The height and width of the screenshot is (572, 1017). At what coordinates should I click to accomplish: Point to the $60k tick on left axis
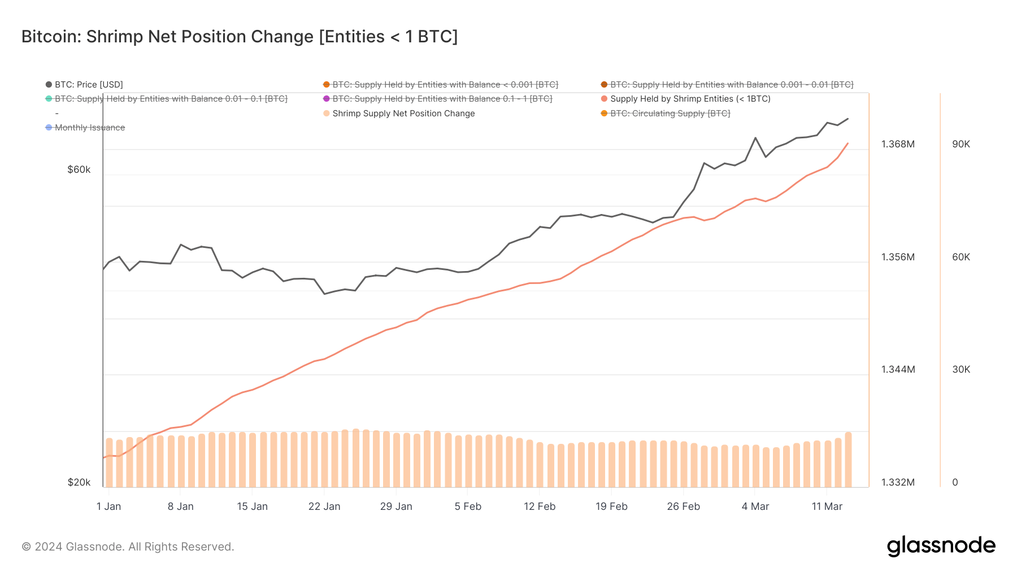(79, 169)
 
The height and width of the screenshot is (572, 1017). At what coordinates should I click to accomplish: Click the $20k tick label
(79, 482)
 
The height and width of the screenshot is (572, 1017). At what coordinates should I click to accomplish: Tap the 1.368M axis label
(898, 144)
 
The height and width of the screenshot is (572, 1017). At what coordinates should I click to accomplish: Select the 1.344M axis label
(898, 369)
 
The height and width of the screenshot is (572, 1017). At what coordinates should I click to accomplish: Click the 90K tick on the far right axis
(960, 144)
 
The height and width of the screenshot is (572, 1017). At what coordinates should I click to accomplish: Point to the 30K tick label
(960, 369)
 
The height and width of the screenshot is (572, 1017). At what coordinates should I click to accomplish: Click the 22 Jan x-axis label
(324, 506)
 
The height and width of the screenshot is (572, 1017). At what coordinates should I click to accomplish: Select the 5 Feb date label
(468, 506)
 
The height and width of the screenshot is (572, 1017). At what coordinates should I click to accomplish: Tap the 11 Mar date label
(827, 506)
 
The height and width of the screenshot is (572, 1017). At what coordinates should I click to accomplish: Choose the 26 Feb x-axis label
(683, 506)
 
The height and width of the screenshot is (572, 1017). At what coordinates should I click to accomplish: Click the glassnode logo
(941, 546)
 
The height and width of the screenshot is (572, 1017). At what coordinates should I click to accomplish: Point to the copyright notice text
(128, 547)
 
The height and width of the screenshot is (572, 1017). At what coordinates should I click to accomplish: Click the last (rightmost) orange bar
(848, 460)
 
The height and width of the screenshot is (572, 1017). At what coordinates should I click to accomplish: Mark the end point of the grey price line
(848, 119)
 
